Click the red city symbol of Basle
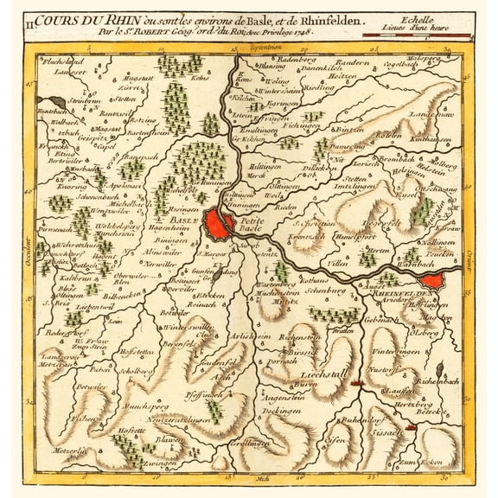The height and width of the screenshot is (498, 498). [x=218, y=225]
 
